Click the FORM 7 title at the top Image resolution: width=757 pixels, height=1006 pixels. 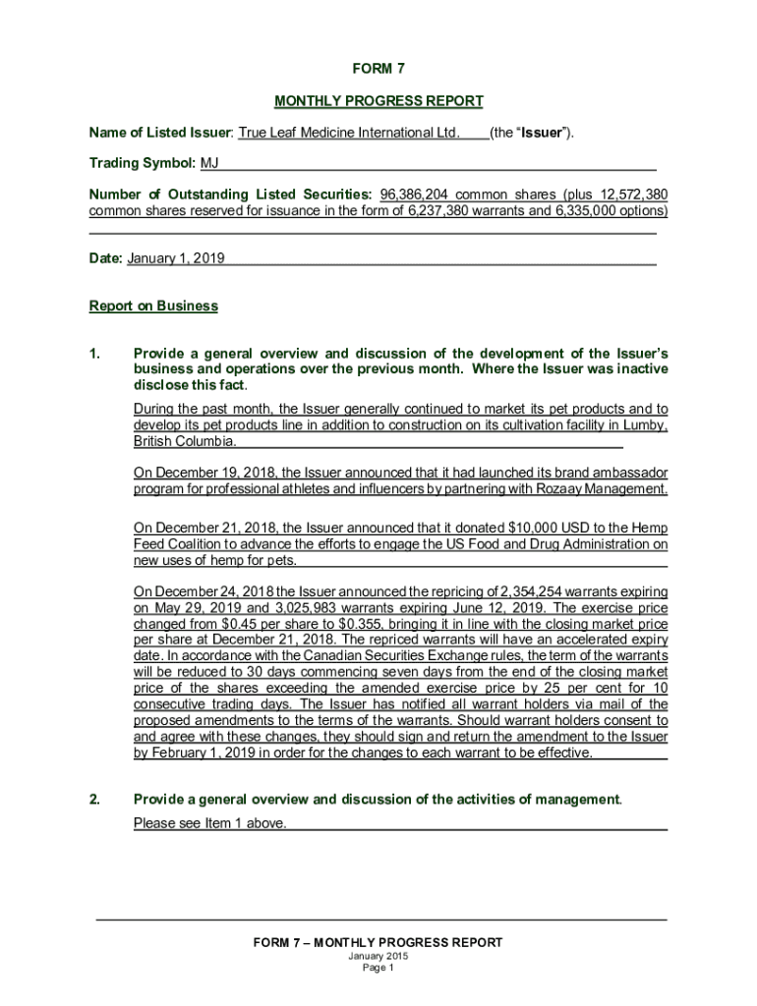[x=378, y=69]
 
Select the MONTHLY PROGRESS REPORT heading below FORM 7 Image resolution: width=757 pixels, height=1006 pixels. [x=378, y=101]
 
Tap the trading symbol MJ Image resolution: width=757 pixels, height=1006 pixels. [x=210, y=163]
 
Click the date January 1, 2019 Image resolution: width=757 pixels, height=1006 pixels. [x=176, y=258]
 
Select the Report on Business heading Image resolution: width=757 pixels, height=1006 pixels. [x=153, y=306]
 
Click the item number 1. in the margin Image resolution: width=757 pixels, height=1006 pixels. [x=94, y=353]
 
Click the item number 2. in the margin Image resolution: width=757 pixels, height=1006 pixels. [x=94, y=800]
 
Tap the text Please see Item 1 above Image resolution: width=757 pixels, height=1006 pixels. [x=210, y=823]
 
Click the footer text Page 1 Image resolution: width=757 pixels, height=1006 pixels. [x=378, y=968]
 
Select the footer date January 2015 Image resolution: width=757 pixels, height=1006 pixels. [x=378, y=956]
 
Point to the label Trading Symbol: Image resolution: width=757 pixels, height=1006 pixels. [x=143, y=163]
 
